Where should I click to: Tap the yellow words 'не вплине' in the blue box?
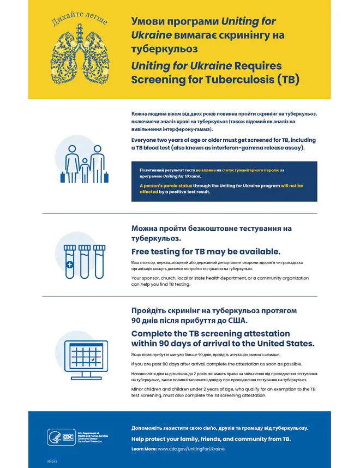click(x=206, y=170)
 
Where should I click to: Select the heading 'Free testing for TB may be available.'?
click(x=206, y=251)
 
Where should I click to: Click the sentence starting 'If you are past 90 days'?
click(x=216, y=364)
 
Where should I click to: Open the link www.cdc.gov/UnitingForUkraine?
click(x=191, y=449)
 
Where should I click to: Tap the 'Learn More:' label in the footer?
click(x=143, y=449)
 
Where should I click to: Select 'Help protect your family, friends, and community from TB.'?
click(x=211, y=439)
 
